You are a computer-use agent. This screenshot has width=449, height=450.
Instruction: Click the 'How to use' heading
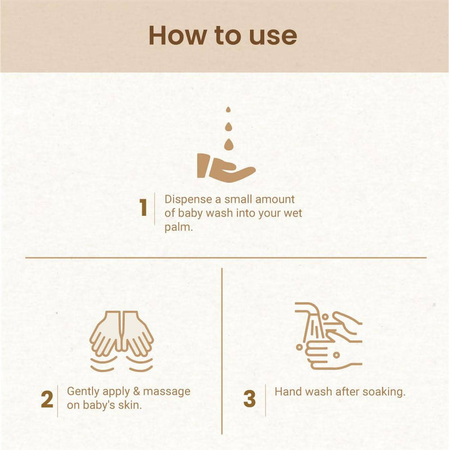click(x=223, y=35)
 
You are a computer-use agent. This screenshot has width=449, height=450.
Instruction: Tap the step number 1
click(x=143, y=208)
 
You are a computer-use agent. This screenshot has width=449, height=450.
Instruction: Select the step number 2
click(x=47, y=400)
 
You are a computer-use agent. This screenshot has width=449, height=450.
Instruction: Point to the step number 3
click(x=250, y=400)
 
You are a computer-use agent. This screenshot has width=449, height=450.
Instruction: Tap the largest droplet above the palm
click(x=228, y=144)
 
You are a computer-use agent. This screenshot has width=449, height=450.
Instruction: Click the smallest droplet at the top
click(x=228, y=110)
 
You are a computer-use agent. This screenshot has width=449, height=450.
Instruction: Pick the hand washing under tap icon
click(x=328, y=336)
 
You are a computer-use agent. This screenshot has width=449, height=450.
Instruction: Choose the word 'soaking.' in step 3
click(x=384, y=392)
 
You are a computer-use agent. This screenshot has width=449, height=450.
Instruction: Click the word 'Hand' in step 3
click(x=288, y=392)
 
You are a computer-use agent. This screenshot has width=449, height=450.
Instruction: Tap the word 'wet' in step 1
click(x=292, y=214)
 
